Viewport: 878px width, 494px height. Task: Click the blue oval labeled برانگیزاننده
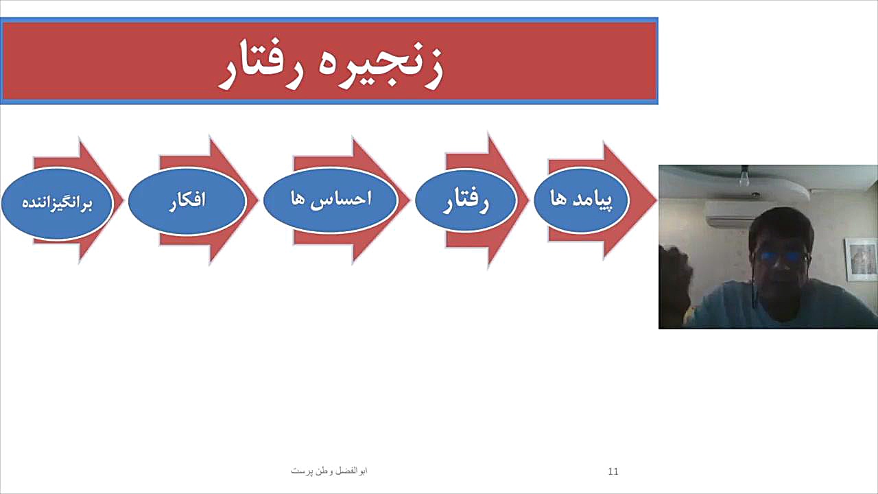click(x=57, y=203)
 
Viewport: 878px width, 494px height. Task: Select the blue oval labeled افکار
click(x=187, y=201)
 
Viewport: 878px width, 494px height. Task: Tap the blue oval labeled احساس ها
click(x=331, y=200)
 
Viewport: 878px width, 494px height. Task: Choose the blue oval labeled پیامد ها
click(x=581, y=200)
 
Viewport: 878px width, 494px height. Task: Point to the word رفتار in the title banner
click(x=261, y=64)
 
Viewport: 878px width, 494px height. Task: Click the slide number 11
click(x=613, y=471)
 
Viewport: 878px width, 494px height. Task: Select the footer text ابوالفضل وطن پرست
click(x=329, y=471)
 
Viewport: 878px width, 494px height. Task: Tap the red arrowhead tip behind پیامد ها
click(x=656, y=200)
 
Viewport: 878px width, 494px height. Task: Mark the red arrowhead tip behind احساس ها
click(x=410, y=200)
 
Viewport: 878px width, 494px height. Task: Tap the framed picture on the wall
click(x=861, y=259)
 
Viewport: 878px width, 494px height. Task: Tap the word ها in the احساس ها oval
click(x=298, y=198)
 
